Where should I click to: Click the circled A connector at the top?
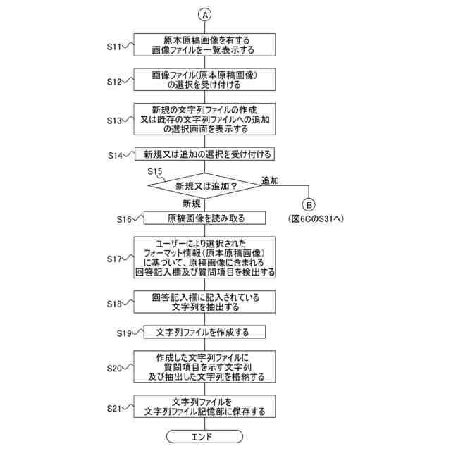coord(205,14)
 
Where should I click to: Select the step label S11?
coord(116,47)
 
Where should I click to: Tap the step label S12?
coord(116,82)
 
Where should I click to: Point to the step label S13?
coord(116,120)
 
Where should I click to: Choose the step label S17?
coord(116,259)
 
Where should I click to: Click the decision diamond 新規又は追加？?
coord(205,187)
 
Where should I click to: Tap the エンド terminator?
coord(205,437)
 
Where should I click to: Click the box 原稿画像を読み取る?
coord(205,218)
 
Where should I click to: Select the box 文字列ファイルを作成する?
coord(205,331)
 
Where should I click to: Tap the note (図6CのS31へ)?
coord(315,219)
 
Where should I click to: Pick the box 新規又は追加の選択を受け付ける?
coord(205,154)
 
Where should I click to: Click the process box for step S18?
coord(205,302)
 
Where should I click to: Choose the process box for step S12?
coord(205,80)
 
